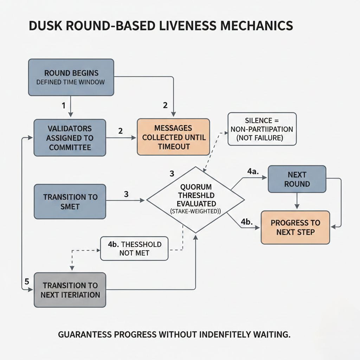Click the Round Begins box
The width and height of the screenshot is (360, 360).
point(71,77)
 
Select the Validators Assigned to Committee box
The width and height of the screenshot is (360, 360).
point(70,137)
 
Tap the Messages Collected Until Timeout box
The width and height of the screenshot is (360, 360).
point(173,137)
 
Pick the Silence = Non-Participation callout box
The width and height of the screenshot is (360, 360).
point(262,129)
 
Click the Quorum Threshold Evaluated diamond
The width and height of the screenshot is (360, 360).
point(195,200)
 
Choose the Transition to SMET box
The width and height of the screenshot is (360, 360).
point(70,201)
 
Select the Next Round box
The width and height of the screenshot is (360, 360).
point(297,179)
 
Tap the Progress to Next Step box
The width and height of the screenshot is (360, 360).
point(295,227)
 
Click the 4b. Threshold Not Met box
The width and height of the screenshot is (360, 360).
point(134,249)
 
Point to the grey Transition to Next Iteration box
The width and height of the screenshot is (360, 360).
point(70,290)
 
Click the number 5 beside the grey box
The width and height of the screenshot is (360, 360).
point(27,281)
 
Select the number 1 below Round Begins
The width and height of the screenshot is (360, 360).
point(64,105)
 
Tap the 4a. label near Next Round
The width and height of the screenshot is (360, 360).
point(253,172)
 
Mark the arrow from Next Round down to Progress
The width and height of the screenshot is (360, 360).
point(297,201)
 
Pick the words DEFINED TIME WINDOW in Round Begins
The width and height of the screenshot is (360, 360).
point(71,82)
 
